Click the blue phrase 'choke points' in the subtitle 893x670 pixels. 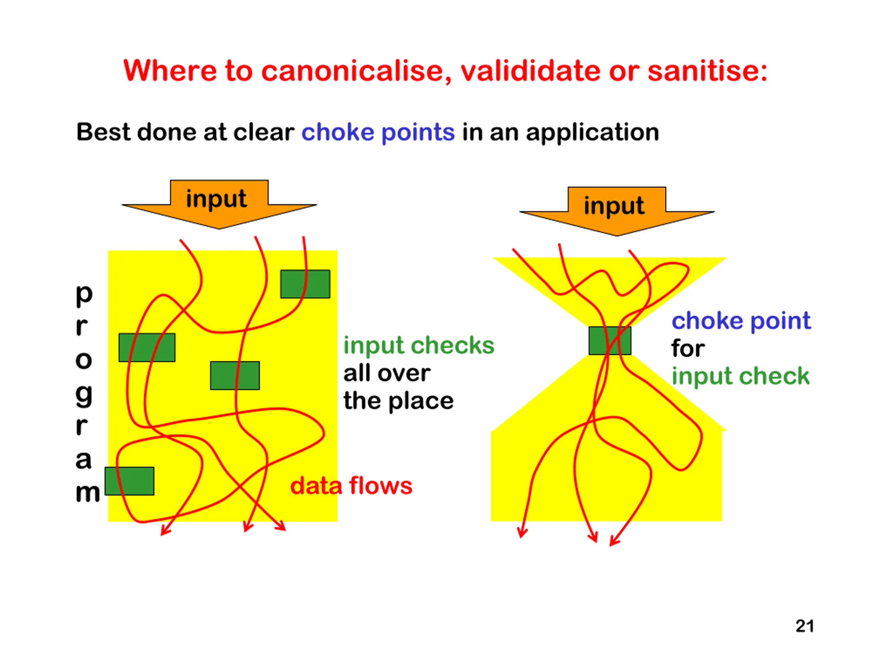pos(378,133)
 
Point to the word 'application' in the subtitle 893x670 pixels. pos(592,133)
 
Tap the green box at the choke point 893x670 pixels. pos(610,341)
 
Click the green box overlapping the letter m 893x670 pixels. pos(129,481)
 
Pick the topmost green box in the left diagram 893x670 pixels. pos(305,284)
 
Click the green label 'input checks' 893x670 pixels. pos(419,346)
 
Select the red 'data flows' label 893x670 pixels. pos(351,485)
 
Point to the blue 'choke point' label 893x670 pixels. pos(741,321)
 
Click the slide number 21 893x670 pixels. pos(805,626)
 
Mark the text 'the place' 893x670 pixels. pos(398,401)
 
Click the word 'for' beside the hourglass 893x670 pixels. pos(688,349)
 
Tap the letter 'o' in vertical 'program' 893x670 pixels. pos(84,360)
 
